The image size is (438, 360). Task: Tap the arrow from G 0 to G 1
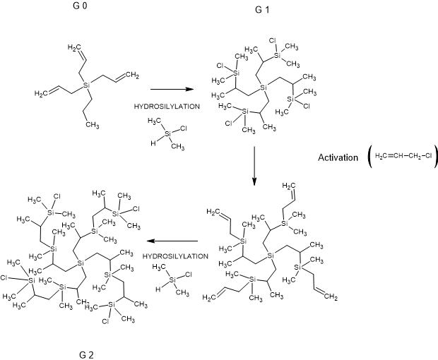click(x=172, y=90)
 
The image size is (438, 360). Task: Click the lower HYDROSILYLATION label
click(x=174, y=256)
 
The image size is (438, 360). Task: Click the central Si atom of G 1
click(x=263, y=87)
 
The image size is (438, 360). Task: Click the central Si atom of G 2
click(x=80, y=263)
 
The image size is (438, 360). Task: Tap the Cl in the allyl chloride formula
click(x=429, y=155)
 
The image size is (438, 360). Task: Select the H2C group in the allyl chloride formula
click(x=382, y=155)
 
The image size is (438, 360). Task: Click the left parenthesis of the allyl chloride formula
click(x=369, y=156)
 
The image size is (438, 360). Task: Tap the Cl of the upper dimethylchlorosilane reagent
click(x=183, y=128)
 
